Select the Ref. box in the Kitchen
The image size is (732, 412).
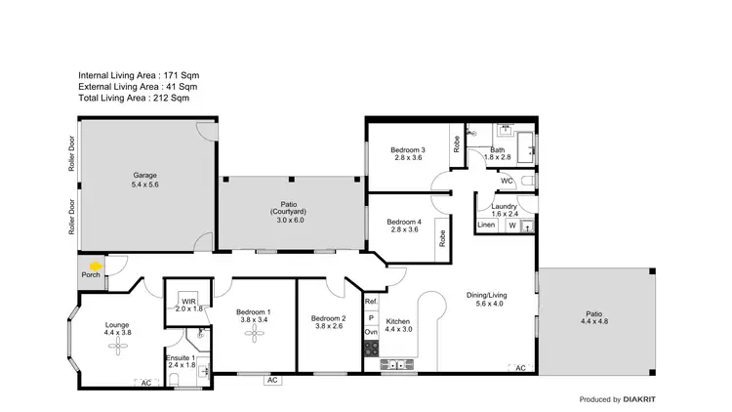pos(371,303)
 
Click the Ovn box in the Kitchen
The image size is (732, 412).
pos(371,333)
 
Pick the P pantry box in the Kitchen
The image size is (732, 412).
pos(371,318)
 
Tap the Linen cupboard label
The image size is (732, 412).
pos(486,226)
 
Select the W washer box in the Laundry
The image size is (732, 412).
pos(511,226)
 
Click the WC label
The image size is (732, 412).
pos(507,182)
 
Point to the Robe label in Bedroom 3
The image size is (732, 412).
pos(456,143)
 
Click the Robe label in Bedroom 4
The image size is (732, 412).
pos(442,236)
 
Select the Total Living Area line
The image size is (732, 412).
pos(134,98)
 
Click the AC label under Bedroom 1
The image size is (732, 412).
pos(272,380)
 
